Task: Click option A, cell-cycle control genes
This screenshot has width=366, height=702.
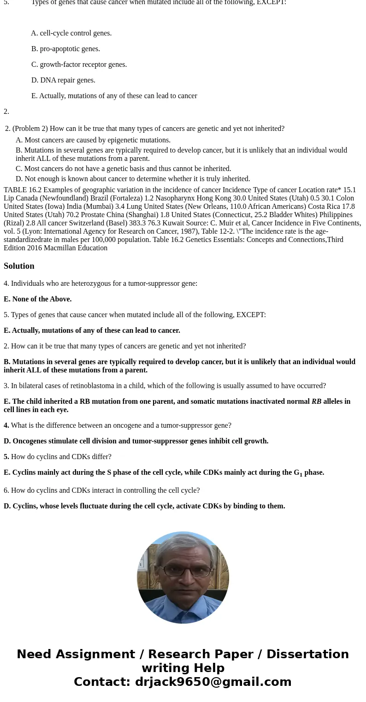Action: (x=71, y=33)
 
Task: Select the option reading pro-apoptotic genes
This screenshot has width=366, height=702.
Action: (x=65, y=49)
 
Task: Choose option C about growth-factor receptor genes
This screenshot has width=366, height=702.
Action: (x=79, y=65)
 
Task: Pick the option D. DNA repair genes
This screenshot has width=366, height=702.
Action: (x=63, y=80)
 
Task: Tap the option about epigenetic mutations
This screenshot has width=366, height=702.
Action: (x=93, y=140)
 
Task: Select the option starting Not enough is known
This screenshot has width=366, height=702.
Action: (x=133, y=179)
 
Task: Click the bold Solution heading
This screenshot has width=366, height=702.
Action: (x=19, y=266)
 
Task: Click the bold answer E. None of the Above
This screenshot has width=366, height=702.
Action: (x=38, y=299)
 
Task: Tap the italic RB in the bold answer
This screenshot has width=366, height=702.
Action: (x=316, y=401)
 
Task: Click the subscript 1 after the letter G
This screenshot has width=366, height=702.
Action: (x=301, y=474)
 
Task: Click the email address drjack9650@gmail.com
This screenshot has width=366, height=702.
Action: (x=213, y=682)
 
